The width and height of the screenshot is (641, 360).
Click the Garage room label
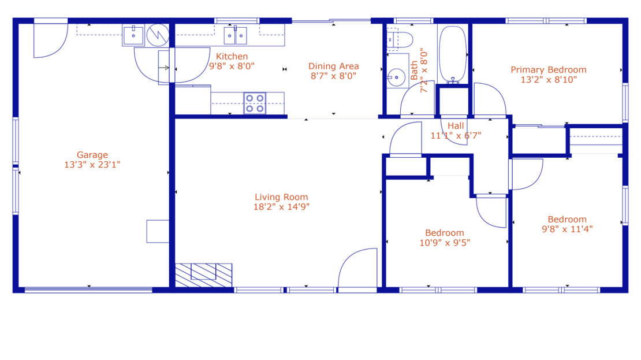click(x=92, y=155)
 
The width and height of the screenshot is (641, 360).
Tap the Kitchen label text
click(x=232, y=57)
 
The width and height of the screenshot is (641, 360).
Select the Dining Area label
click(x=334, y=66)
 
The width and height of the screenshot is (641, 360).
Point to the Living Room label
click(x=281, y=197)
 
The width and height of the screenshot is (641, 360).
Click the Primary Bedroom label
click(x=549, y=70)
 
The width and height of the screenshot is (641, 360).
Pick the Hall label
click(x=456, y=126)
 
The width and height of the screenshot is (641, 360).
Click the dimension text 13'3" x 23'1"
click(x=92, y=165)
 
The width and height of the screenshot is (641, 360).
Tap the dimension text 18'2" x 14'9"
click(x=281, y=207)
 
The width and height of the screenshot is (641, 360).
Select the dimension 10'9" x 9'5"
click(x=445, y=243)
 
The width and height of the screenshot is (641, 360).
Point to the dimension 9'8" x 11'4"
click(x=568, y=229)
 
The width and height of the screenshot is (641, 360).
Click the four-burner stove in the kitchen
click(x=255, y=103)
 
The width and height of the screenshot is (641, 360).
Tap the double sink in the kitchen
click(x=235, y=36)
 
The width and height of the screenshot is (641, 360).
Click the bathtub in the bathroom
click(x=453, y=54)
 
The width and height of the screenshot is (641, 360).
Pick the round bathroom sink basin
click(x=396, y=77)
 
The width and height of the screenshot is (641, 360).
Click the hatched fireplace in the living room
click(x=204, y=275)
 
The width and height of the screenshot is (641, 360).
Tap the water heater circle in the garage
click(x=158, y=35)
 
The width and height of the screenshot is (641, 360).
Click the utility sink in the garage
click(x=133, y=35)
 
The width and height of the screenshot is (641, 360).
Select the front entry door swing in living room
click(x=357, y=268)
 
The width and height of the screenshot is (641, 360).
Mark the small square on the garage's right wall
click(x=158, y=232)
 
